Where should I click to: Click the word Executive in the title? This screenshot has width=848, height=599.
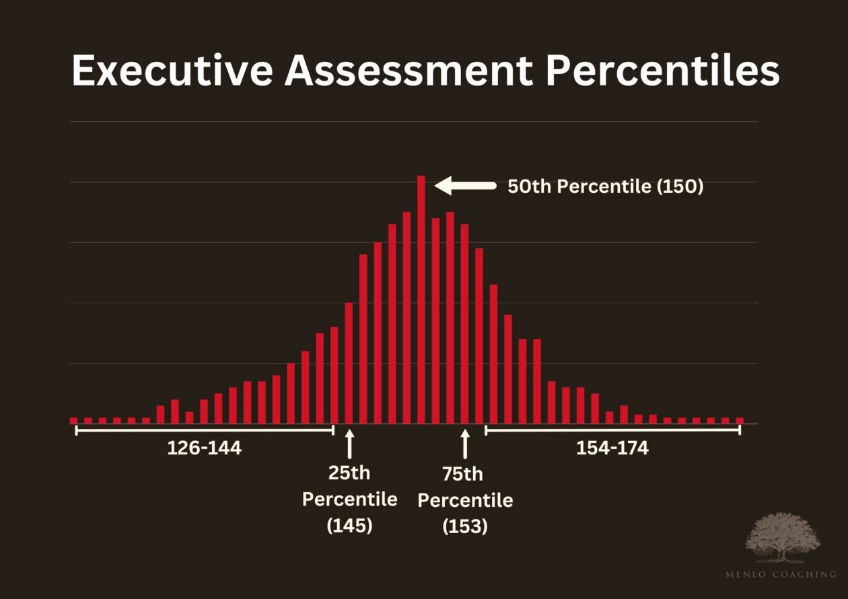pos(172,71)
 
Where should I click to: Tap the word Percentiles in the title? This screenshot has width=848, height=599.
pos(663,71)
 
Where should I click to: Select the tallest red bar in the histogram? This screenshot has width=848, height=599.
pos(421,299)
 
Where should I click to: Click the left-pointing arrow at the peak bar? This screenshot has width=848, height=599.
pos(464,186)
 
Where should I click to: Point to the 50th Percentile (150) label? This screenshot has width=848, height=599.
pos(605,187)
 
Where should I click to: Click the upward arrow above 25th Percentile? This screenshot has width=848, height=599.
pos(349,444)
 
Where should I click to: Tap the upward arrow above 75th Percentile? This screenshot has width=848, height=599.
pos(464,444)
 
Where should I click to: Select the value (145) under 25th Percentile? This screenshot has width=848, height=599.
pos(349,525)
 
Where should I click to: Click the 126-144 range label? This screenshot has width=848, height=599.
pos(204,448)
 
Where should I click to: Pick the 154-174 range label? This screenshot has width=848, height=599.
pos(612,448)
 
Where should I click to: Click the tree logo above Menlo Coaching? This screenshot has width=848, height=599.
pos(783,537)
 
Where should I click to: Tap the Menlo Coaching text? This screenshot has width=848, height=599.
pos(781,573)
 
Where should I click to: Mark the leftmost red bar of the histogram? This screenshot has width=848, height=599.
pos(73,420)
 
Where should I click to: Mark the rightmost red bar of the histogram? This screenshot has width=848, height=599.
pos(740,420)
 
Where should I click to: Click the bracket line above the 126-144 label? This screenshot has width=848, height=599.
pos(204,430)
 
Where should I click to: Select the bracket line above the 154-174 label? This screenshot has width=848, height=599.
pos(612,430)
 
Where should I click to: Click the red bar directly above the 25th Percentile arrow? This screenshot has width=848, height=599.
pos(349,363)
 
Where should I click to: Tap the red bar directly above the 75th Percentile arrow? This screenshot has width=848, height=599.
pos(464,323)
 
